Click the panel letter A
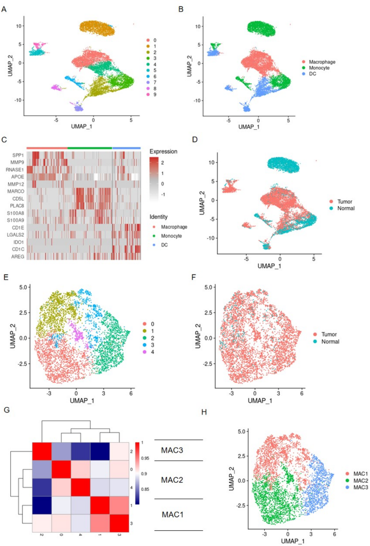4,9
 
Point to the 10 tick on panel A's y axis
18,25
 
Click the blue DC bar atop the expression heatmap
126,147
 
